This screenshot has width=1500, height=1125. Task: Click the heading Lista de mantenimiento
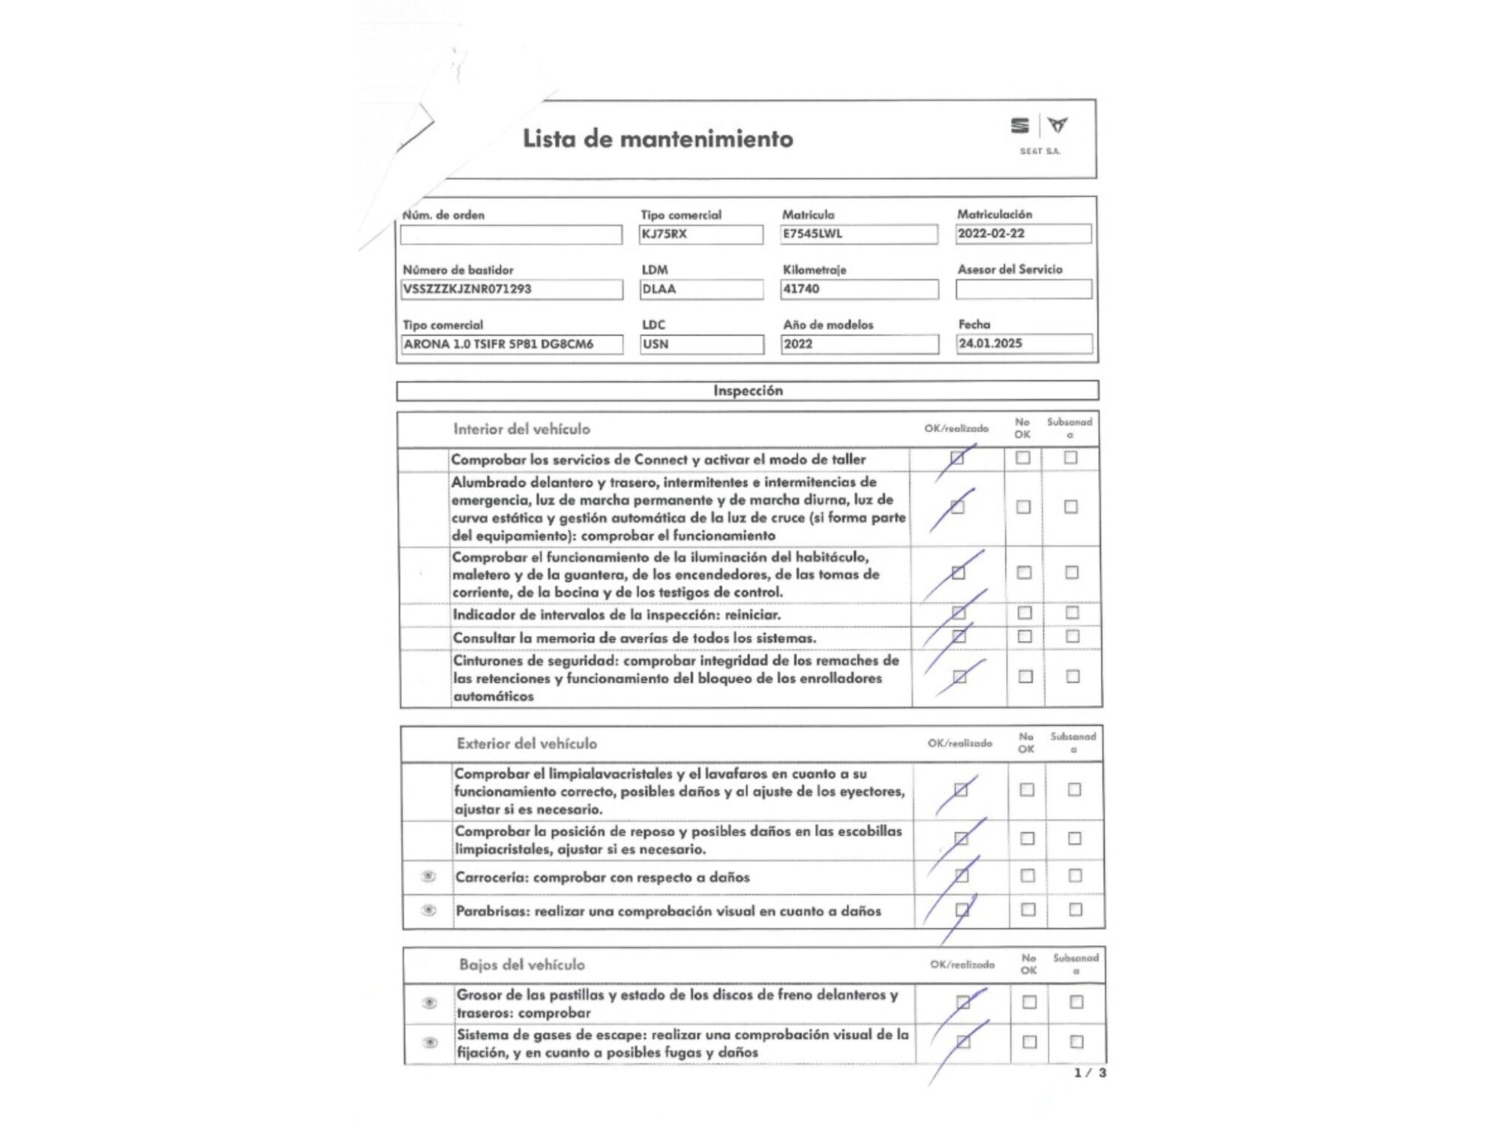coord(658,139)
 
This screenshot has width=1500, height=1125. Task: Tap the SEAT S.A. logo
coord(1039,133)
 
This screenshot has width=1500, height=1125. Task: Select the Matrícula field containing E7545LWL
coord(859,234)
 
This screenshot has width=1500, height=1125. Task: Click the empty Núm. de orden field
coord(511,235)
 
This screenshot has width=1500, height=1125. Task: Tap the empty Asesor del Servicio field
coord(1024,289)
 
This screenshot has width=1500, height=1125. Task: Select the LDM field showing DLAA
coord(701,289)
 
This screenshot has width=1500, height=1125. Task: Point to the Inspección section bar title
coord(748,391)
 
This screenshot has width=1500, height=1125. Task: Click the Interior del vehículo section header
coord(521,429)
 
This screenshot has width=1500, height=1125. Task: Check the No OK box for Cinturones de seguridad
coord(1025,676)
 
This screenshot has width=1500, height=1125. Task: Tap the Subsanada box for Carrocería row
coord(1075,875)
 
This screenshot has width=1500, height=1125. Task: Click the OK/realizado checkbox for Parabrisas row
coord(962,910)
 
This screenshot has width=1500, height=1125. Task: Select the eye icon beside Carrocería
coord(428,876)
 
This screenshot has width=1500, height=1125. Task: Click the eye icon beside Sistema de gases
coord(430,1042)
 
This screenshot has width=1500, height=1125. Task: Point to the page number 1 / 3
coord(1090,1073)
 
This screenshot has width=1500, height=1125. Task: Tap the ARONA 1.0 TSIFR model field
coord(511,344)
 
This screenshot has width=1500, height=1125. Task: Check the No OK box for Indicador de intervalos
coord(1024,613)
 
